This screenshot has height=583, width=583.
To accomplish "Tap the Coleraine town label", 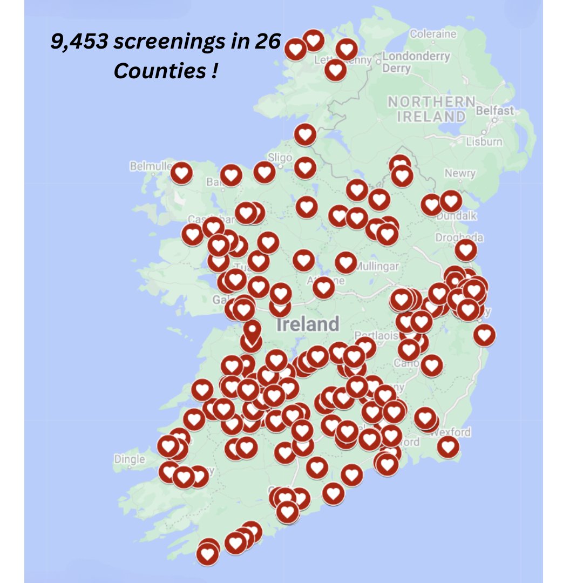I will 433,34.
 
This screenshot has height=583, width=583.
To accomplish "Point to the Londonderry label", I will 416,56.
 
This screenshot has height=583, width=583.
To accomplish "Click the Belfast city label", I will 495,111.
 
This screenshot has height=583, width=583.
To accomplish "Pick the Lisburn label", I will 485,142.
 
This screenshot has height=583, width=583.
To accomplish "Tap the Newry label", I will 460,173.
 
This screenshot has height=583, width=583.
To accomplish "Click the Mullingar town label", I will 378,266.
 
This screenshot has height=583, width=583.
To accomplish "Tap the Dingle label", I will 130,459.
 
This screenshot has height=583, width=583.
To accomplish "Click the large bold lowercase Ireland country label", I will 308,324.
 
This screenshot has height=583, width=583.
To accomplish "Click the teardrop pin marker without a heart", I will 251,330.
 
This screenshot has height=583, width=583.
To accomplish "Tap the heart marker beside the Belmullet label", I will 181,173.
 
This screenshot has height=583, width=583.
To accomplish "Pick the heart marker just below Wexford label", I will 448,447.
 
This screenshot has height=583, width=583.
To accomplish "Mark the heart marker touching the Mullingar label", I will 346,262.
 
